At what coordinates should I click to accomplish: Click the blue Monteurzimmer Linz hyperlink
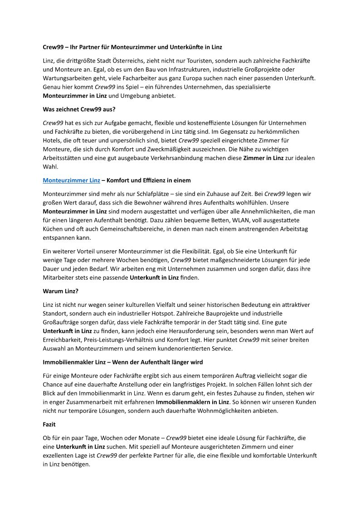pos(71,180)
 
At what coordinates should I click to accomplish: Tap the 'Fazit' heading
pos(49,425)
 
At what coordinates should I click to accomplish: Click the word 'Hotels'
pos(52,140)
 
